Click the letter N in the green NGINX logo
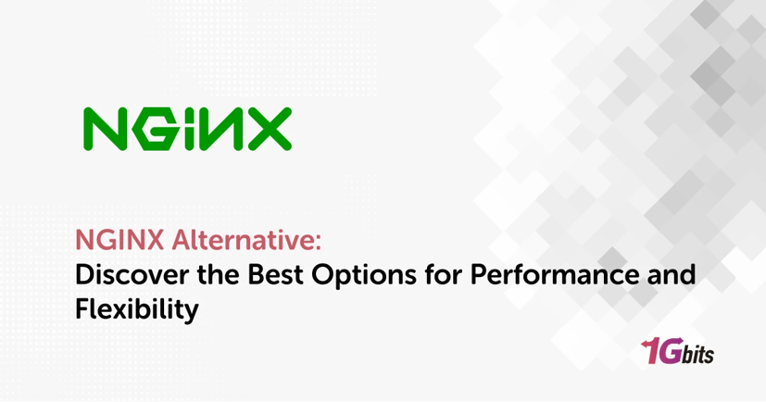pyautogui.click(x=103, y=129)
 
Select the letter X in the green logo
pyautogui.click(x=265, y=129)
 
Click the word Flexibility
pyautogui.click(x=137, y=308)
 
